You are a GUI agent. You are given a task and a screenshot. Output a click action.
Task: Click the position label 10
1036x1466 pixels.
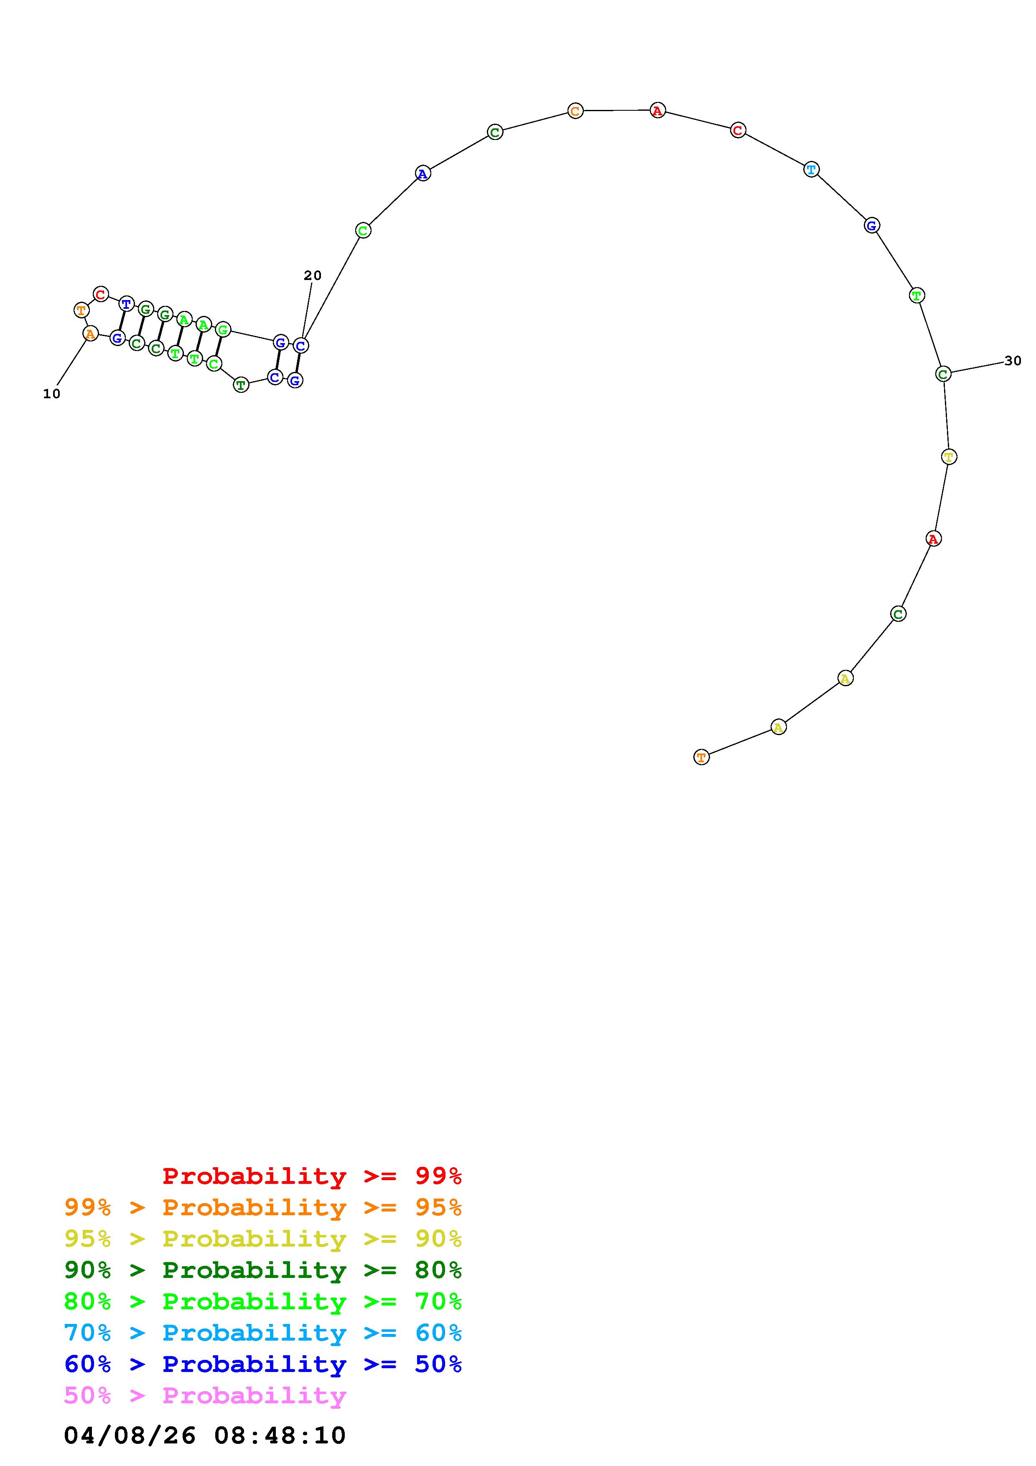(52, 394)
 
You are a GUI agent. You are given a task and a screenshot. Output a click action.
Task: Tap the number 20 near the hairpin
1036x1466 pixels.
(313, 276)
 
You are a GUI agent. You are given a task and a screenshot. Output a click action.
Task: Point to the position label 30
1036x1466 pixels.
(1013, 361)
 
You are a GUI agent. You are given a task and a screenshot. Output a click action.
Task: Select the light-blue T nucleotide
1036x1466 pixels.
(811, 170)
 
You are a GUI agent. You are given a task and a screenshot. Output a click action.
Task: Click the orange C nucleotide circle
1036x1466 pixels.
(575, 111)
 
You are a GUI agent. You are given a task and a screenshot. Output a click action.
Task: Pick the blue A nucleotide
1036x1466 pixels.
(423, 173)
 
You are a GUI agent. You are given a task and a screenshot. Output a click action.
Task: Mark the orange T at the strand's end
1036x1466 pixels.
(702, 757)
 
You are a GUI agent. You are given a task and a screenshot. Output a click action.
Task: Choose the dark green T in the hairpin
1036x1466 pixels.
(241, 385)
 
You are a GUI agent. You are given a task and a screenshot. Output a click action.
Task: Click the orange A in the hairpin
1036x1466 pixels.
(91, 333)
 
